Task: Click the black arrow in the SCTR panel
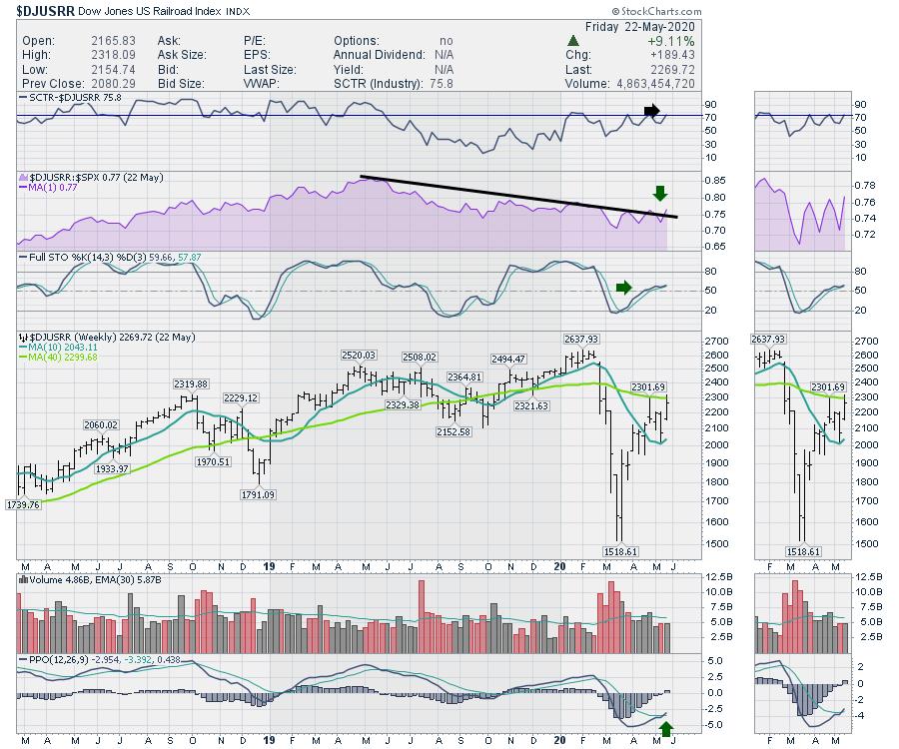pos(651,110)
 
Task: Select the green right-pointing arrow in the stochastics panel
pos(623,288)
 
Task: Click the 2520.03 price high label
pos(357,356)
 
